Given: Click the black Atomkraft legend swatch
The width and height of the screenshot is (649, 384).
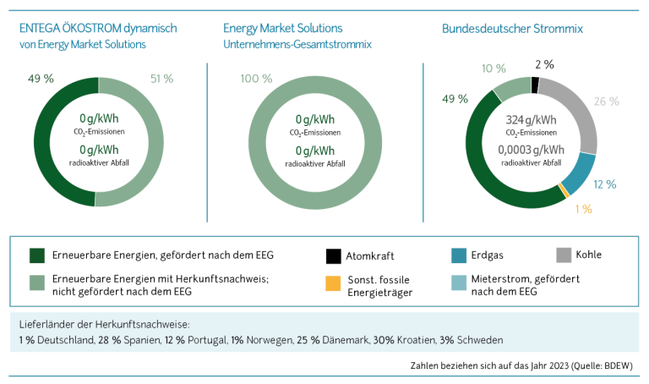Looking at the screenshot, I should click(333, 255).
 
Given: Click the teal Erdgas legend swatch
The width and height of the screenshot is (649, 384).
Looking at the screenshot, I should click(460, 255).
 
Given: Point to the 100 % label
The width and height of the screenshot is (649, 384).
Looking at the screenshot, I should click(258, 78).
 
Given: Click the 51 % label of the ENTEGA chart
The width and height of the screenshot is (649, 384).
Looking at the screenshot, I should click(161, 78).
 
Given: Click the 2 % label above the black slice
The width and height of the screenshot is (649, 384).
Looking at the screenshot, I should click(545, 63).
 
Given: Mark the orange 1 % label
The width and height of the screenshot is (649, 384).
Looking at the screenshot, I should click(582, 208).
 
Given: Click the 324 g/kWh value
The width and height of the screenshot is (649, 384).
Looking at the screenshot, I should click(532, 119).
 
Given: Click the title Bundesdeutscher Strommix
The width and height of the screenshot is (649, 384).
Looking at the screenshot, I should click(513, 28).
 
